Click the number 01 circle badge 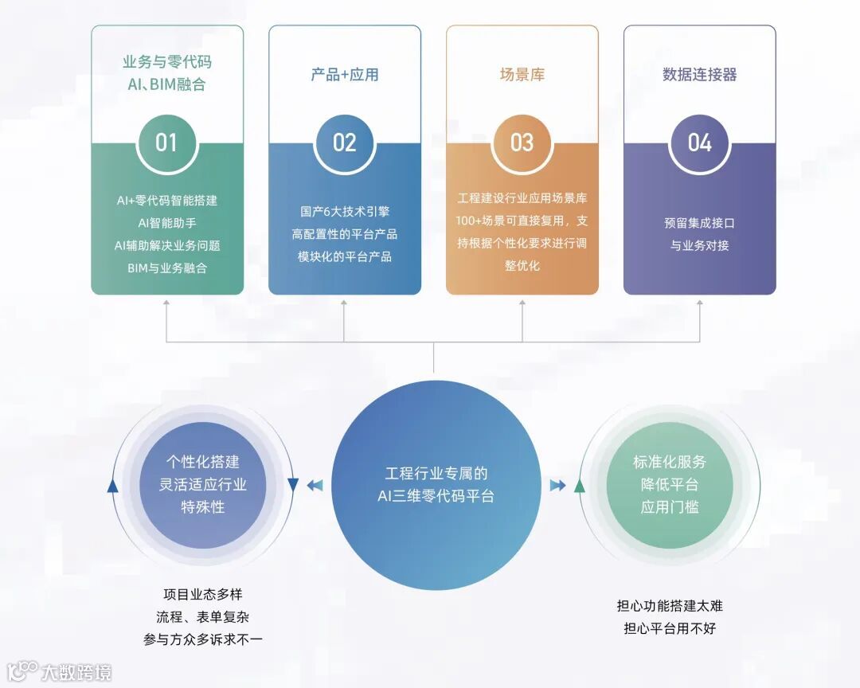pyautogui.click(x=166, y=143)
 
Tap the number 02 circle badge pyautogui.click(x=344, y=143)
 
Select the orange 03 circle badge pyautogui.click(x=522, y=143)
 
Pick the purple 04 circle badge pyautogui.click(x=699, y=143)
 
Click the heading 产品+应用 pyautogui.click(x=344, y=75)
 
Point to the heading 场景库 pyautogui.click(x=522, y=75)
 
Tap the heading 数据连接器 pyautogui.click(x=699, y=75)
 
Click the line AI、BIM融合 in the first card pyautogui.click(x=166, y=84)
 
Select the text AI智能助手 pyautogui.click(x=166, y=223)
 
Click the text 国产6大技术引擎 pyautogui.click(x=344, y=212)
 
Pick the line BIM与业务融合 pyautogui.click(x=166, y=268)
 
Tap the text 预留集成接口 pyautogui.click(x=699, y=223)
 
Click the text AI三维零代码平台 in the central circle pyautogui.click(x=436, y=496)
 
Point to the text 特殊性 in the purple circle pyautogui.click(x=202, y=506)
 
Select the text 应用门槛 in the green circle pyautogui.click(x=669, y=506)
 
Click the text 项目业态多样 pyautogui.click(x=202, y=595)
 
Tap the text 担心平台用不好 pyautogui.click(x=669, y=628)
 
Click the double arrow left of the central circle pyautogui.click(x=315, y=485)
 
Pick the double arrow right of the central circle pyautogui.click(x=557, y=485)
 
